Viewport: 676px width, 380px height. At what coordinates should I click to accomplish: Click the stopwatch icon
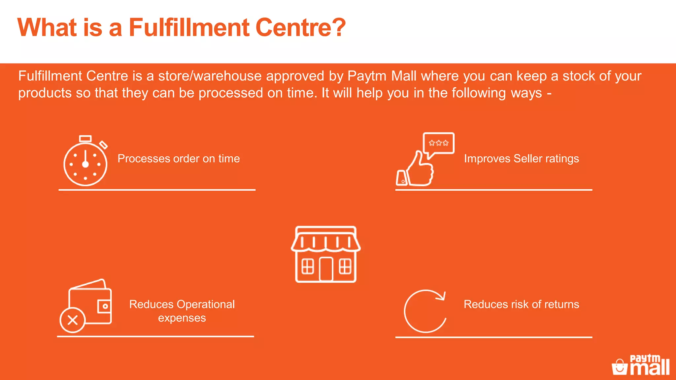(85, 162)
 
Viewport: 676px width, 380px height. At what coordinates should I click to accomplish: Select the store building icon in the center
(326, 254)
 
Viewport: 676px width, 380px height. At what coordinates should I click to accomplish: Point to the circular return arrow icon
(425, 311)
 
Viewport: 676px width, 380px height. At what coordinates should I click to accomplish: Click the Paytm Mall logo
(641, 365)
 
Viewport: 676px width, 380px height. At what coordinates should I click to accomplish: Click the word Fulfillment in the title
(189, 27)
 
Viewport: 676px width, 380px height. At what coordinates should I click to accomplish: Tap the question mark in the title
(338, 27)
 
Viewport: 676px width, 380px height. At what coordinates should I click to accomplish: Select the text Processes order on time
(179, 159)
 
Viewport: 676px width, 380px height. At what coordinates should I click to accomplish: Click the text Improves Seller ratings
(521, 159)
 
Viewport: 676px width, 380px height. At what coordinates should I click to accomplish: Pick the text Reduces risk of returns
(521, 304)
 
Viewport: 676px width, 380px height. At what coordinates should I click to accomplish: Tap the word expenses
(182, 318)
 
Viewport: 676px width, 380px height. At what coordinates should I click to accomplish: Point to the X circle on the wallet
(73, 320)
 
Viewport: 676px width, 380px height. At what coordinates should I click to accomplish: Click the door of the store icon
(326, 269)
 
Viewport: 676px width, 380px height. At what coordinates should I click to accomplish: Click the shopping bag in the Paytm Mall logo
(620, 367)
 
